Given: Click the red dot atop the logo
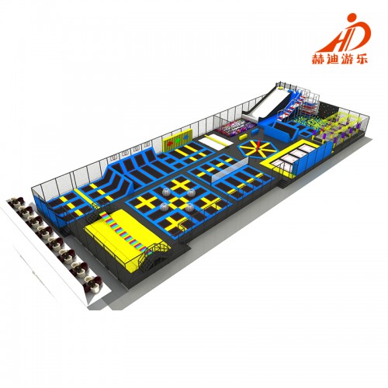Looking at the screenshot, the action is coord(352,19).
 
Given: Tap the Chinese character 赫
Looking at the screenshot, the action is coord(319,59).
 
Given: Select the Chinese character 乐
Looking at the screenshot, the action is coord(362,58).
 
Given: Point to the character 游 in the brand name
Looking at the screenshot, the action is coord(348,59).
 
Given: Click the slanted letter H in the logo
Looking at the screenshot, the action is coord(334,38).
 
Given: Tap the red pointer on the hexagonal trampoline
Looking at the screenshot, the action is coord(259,146).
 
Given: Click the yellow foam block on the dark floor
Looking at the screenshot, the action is coord(244,136).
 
